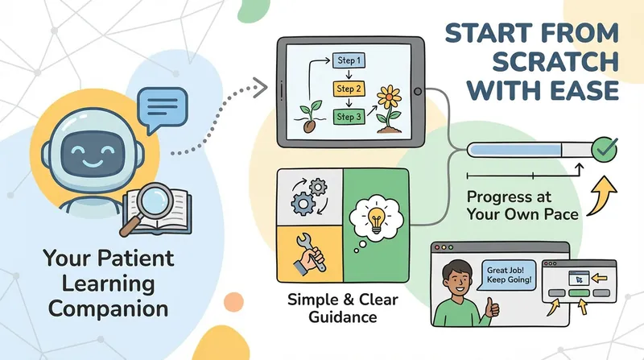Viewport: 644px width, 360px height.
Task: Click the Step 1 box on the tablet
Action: [x=349, y=60]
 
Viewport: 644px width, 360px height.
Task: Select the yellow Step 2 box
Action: [x=349, y=89]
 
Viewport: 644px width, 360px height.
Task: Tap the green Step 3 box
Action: [x=349, y=117]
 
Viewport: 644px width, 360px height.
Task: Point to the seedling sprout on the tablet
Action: [x=310, y=116]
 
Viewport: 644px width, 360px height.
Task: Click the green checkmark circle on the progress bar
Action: [x=605, y=149]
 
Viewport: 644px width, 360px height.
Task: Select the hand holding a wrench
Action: [x=310, y=254]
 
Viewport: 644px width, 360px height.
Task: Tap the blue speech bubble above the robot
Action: [x=163, y=108]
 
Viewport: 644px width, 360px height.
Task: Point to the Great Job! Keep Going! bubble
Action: [x=509, y=275]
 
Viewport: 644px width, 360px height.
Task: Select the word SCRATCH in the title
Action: [x=555, y=62]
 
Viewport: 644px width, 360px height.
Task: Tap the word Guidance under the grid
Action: [x=343, y=317]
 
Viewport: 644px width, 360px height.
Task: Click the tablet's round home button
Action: [x=418, y=92]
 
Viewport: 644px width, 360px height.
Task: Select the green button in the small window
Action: [x=579, y=293]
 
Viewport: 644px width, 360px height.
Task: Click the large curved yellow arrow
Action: [x=603, y=195]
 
